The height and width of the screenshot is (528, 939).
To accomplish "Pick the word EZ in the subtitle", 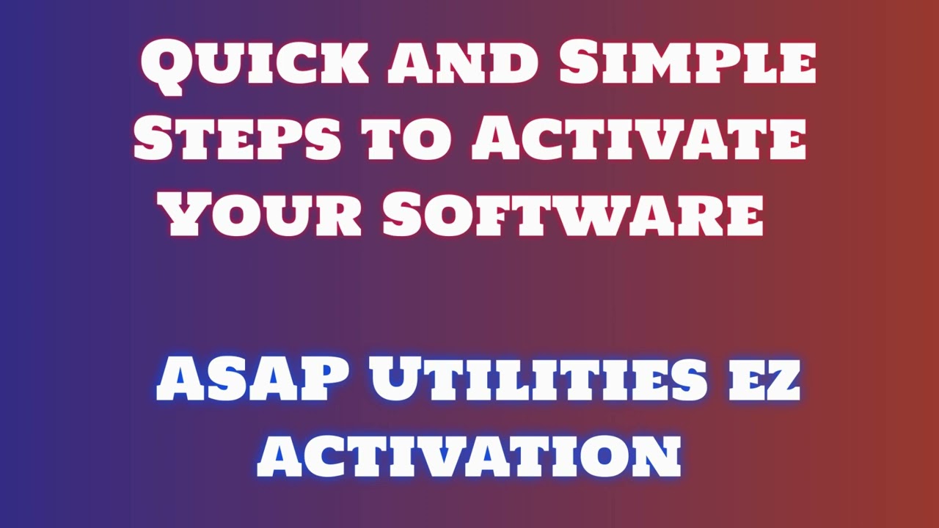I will pos(763,382).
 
